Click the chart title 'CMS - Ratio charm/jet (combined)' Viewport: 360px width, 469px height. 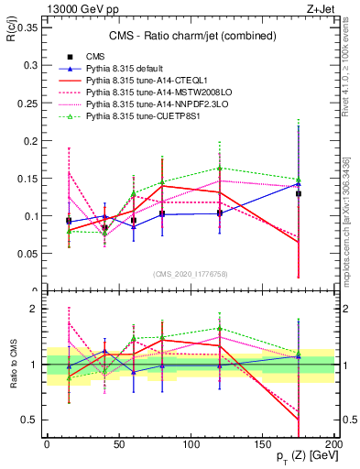pos(189,37)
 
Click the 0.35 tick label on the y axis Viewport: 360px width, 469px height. pos(25,27)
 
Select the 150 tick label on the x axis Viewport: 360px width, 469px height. pos(262,443)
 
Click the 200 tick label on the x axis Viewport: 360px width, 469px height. pos(334,443)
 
